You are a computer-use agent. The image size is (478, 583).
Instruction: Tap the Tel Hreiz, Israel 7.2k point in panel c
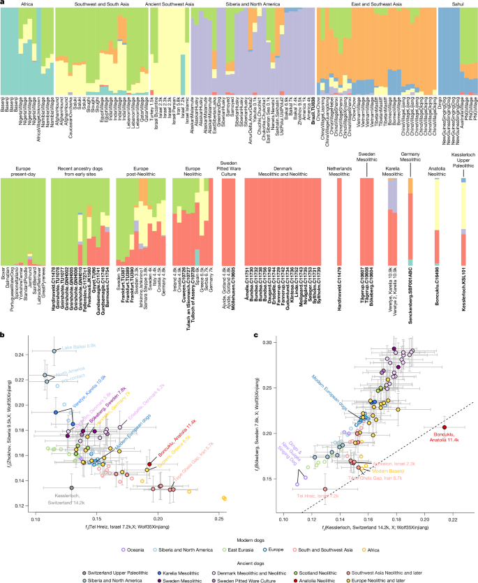tap(325, 489)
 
